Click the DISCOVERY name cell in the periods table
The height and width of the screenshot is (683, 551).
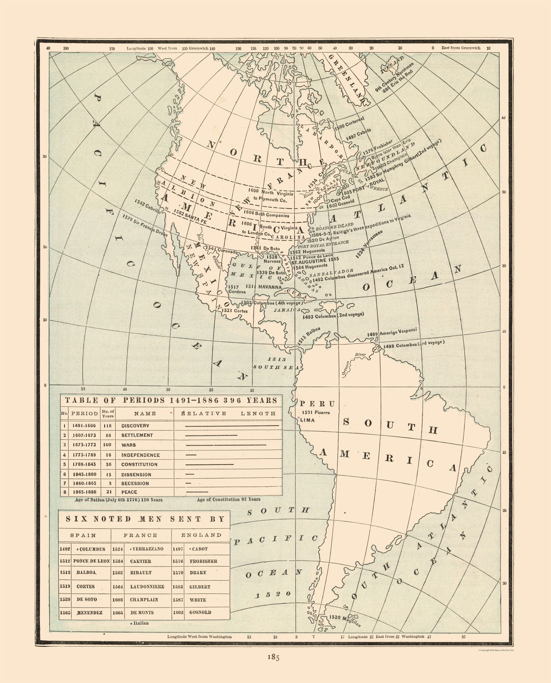pyautogui.click(x=135, y=426)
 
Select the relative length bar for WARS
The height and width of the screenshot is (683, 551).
pyautogui.click(x=226, y=445)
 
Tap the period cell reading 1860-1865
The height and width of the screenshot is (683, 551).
pyautogui.click(x=84, y=483)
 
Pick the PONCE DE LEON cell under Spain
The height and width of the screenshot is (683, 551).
pyautogui.click(x=91, y=561)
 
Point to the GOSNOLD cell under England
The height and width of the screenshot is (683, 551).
pyautogui.click(x=200, y=612)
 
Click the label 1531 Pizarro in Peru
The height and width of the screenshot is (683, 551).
pyautogui.click(x=316, y=413)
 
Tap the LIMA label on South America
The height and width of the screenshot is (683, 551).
pyautogui.click(x=307, y=420)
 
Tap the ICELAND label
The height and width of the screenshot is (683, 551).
pyautogui.click(x=391, y=65)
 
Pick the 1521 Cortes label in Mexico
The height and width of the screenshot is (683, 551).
pyautogui.click(x=234, y=311)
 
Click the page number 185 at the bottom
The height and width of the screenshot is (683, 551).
pyautogui.click(x=273, y=657)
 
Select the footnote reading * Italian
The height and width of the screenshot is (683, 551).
pyautogui.click(x=139, y=623)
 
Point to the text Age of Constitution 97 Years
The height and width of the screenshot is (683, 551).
pyautogui.click(x=228, y=499)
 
